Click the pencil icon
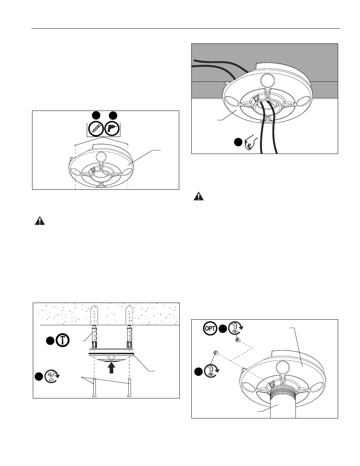(x=96, y=129)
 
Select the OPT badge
(x=210, y=328)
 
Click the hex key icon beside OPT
(x=235, y=328)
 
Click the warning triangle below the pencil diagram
(x=40, y=221)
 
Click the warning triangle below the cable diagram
(x=198, y=197)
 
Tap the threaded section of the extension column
(x=283, y=394)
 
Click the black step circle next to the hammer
(x=50, y=341)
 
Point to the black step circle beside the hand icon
(x=238, y=142)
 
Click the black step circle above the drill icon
(x=113, y=115)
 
